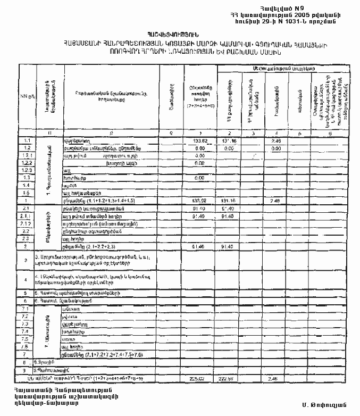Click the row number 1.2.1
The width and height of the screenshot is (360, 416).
tap(27, 155)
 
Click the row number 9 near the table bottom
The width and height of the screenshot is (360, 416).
tap(27, 370)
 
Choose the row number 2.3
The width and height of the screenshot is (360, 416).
tap(27, 239)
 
